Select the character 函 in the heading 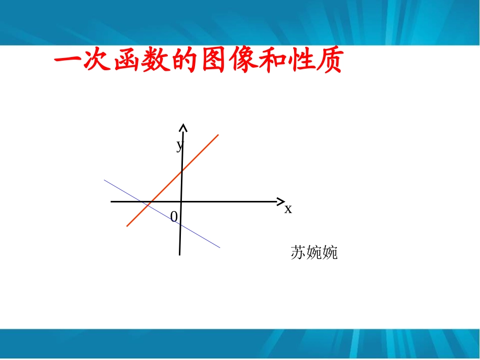(x=128, y=63)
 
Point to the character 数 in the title (x=159, y=63)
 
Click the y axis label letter (x=179, y=145)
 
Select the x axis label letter (x=288, y=209)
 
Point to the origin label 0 (x=174, y=217)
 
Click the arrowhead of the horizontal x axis (x=281, y=201)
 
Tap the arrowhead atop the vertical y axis (x=183, y=127)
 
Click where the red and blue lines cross (x=147, y=204)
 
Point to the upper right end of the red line (x=218, y=135)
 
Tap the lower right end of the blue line (x=220, y=247)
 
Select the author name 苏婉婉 (x=314, y=252)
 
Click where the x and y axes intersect (x=181, y=201)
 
